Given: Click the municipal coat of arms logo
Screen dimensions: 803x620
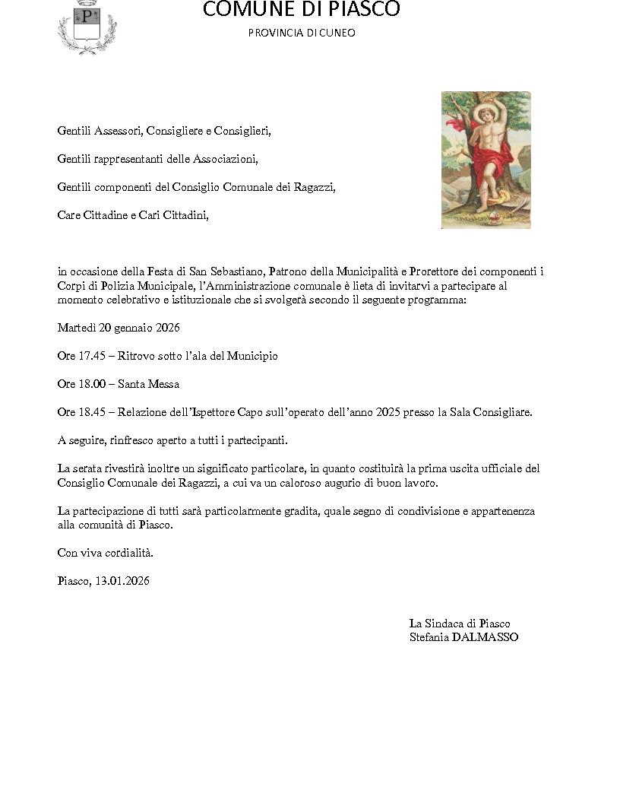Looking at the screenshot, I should coord(87,27).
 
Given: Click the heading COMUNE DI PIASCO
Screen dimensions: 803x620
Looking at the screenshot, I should coord(301,10).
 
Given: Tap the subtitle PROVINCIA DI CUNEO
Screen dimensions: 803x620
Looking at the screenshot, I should coord(301,33).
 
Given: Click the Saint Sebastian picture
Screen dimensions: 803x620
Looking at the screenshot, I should coord(486,160).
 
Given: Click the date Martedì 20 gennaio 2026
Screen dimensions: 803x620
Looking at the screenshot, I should coord(118,328).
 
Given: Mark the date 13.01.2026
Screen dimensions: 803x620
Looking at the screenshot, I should coord(122,581).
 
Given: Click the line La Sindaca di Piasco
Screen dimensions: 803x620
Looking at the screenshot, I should coord(460,624).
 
